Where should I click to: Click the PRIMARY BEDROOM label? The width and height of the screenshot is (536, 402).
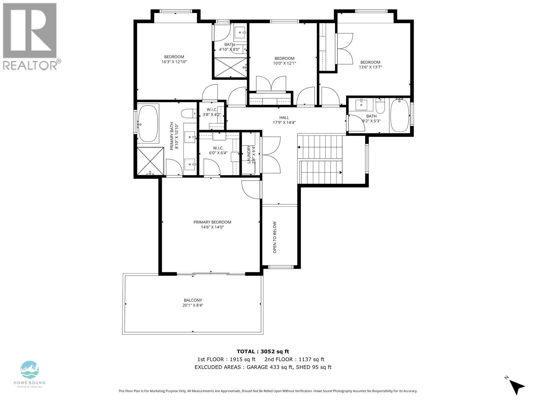212,222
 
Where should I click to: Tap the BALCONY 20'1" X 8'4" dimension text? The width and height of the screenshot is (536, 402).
193,305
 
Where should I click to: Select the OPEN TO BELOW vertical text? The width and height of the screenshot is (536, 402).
275,237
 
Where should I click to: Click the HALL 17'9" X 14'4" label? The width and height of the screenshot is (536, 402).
284,120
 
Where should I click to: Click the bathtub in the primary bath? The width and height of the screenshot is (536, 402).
148,124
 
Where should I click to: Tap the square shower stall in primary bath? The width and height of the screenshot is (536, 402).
150,161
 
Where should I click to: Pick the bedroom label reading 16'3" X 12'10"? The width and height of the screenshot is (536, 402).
174,59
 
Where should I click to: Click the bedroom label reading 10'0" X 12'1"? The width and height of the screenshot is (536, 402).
284,61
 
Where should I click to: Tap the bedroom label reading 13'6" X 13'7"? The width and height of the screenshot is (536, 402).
370,65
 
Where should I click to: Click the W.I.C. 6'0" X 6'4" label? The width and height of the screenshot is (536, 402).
218,150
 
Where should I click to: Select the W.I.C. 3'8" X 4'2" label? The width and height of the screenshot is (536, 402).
212,112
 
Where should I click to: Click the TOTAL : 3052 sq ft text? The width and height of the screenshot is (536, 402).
263,351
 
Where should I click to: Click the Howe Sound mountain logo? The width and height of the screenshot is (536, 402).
29,370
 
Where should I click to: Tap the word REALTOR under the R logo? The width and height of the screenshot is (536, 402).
30,65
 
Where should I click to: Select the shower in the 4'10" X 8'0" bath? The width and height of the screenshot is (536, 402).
230,68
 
